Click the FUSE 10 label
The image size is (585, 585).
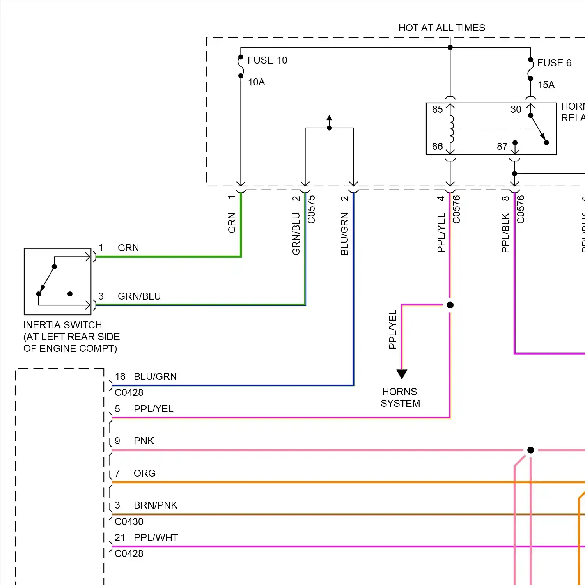click(x=267, y=60)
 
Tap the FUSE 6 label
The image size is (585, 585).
click(x=554, y=63)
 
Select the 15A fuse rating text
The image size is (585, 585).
click(x=546, y=85)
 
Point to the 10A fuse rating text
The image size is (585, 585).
click(x=256, y=82)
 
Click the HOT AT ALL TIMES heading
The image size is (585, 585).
click(x=441, y=28)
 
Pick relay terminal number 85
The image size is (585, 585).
click(x=437, y=110)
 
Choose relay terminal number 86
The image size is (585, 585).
click(x=437, y=146)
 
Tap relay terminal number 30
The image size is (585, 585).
click(x=516, y=110)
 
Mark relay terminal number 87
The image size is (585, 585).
click(x=502, y=146)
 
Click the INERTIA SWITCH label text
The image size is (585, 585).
click(x=62, y=325)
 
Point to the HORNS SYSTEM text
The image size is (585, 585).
click(x=400, y=397)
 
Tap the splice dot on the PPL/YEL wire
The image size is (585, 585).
click(x=450, y=305)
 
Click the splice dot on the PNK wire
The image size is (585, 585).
click(x=530, y=450)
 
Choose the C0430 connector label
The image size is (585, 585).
click(x=129, y=522)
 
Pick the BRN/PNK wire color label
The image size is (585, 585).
click(x=155, y=505)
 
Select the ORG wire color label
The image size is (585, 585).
click(x=144, y=473)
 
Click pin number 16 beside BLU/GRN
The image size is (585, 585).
click(x=120, y=377)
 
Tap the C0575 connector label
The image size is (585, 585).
click(x=311, y=209)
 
